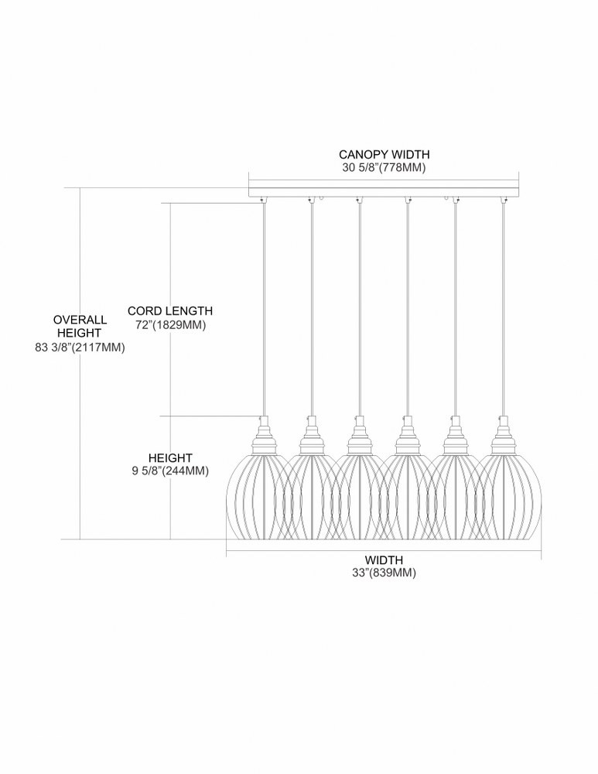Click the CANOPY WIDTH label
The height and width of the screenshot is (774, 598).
(x=384, y=155)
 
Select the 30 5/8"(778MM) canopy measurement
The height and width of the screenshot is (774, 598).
(x=384, y=168)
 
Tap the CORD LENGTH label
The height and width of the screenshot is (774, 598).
(x=170, y=311)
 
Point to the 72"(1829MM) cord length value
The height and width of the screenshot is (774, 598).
(x=170, y=325)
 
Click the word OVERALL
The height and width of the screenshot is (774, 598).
(x=80, y=320)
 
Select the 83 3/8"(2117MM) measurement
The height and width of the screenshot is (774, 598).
(x=80, y=348)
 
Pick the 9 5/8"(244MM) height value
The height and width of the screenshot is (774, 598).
(x=170, y=471)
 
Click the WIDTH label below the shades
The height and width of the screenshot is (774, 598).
(x=384, y=560)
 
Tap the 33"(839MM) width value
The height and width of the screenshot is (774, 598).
(x=384, y=573)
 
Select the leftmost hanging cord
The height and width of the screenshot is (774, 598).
(x=264, y=309)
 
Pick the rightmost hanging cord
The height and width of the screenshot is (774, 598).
(x=504, y=309)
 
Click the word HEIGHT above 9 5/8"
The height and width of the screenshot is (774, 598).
(x=170, y=458)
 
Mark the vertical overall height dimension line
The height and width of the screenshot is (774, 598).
(x=80, y=364)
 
